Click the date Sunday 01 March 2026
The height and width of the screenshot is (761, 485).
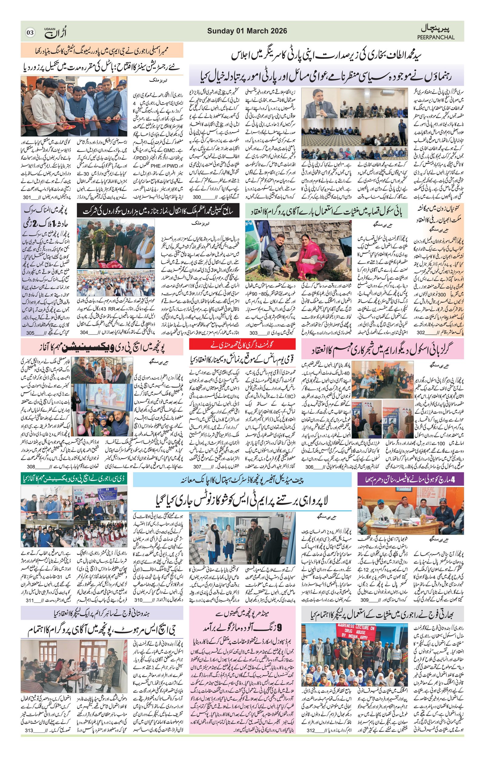click(247, 31)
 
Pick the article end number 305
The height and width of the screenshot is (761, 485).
click(30, 333)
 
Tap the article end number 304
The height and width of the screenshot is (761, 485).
click(84, 333)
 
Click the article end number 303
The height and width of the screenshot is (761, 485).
click(253, 333)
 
